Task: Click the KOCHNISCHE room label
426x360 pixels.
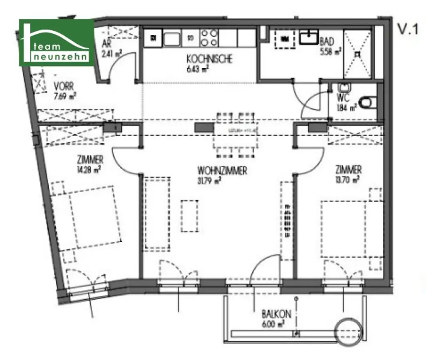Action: click(209, 59)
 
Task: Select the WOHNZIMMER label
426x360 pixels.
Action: click(223, 171)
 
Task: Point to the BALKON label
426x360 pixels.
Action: click(276, 314)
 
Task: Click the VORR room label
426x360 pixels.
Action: click(64, 87)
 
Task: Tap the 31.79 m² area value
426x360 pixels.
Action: click(212, 180)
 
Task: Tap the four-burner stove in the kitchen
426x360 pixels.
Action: click(209, 38)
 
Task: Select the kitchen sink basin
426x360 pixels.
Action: click(172, 39)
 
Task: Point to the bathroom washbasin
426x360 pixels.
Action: click(309, 38)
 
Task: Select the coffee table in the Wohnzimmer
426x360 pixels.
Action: click(190, 216)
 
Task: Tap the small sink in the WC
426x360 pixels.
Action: click(344, 88)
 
